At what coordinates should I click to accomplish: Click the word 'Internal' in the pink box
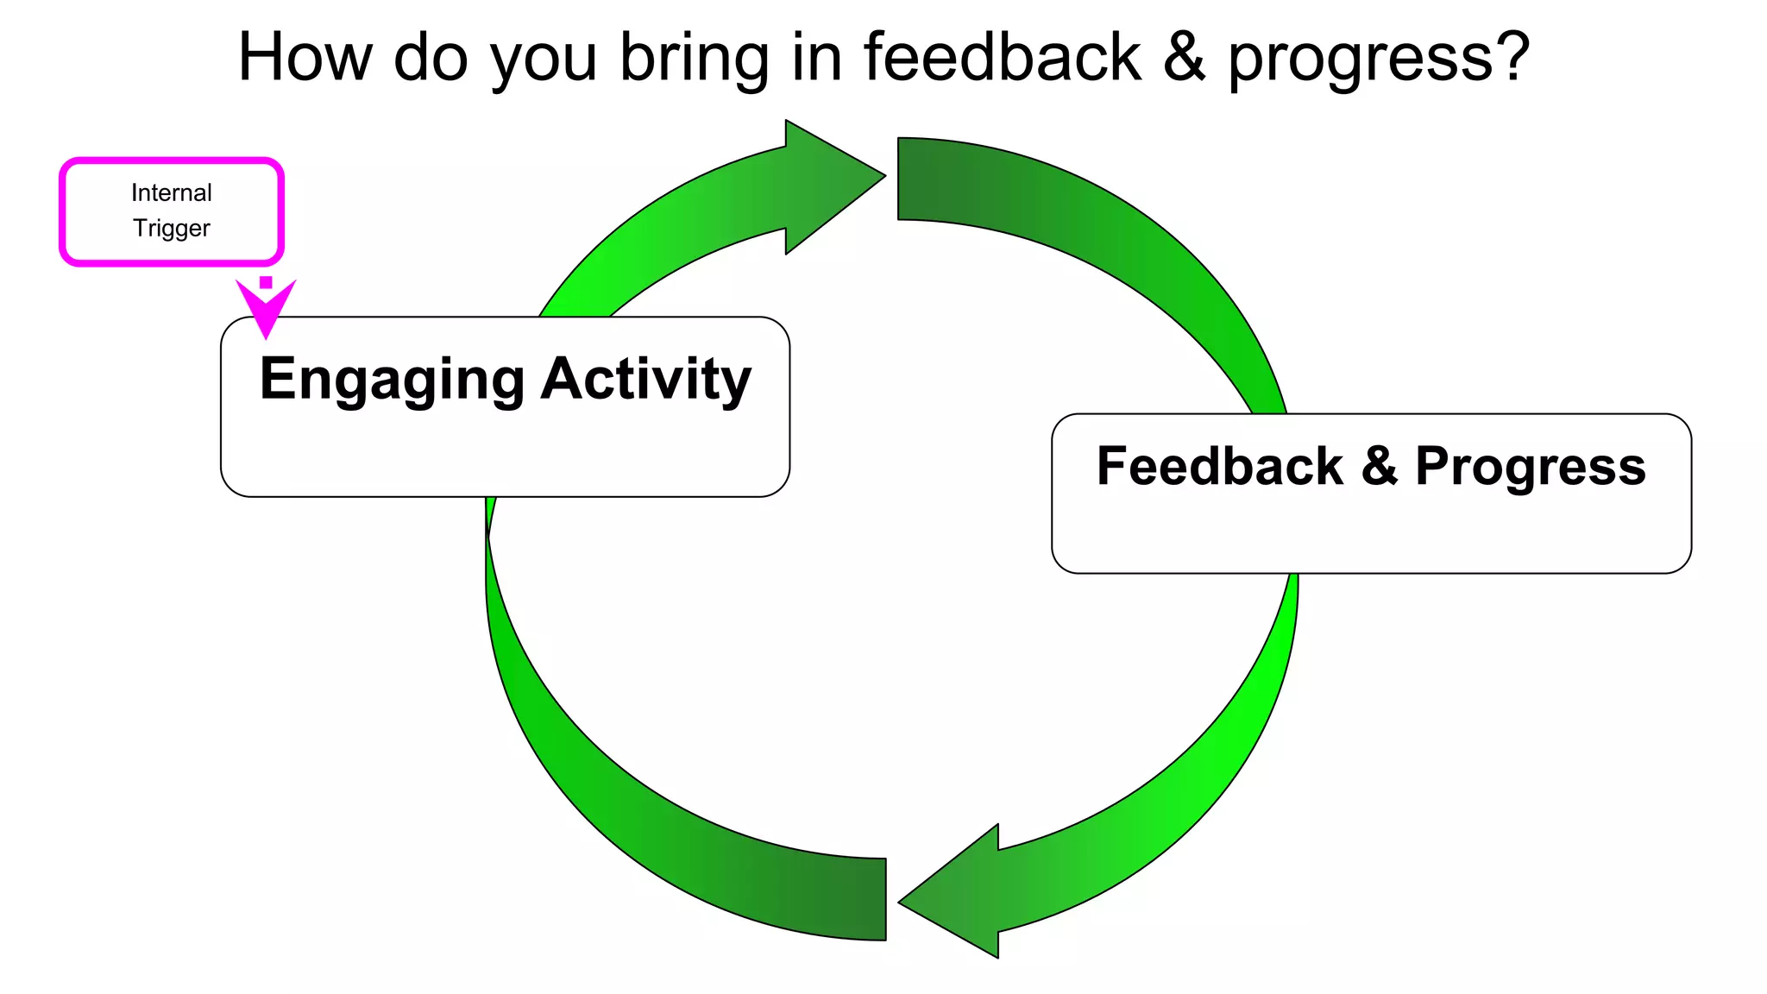171,192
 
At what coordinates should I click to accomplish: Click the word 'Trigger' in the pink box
171,228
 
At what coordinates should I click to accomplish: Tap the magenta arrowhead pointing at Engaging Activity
266,311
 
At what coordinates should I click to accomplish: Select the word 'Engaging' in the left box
392,380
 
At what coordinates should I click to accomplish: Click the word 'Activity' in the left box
646,380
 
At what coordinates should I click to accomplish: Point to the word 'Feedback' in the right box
1220,467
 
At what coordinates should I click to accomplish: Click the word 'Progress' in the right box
1531,469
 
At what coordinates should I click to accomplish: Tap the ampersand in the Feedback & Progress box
1380,467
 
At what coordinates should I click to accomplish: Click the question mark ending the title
1511,57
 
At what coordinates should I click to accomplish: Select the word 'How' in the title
305,57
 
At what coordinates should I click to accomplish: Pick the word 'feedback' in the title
1003,57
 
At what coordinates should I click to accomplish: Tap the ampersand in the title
1184,57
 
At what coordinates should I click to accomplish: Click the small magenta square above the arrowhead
266,282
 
